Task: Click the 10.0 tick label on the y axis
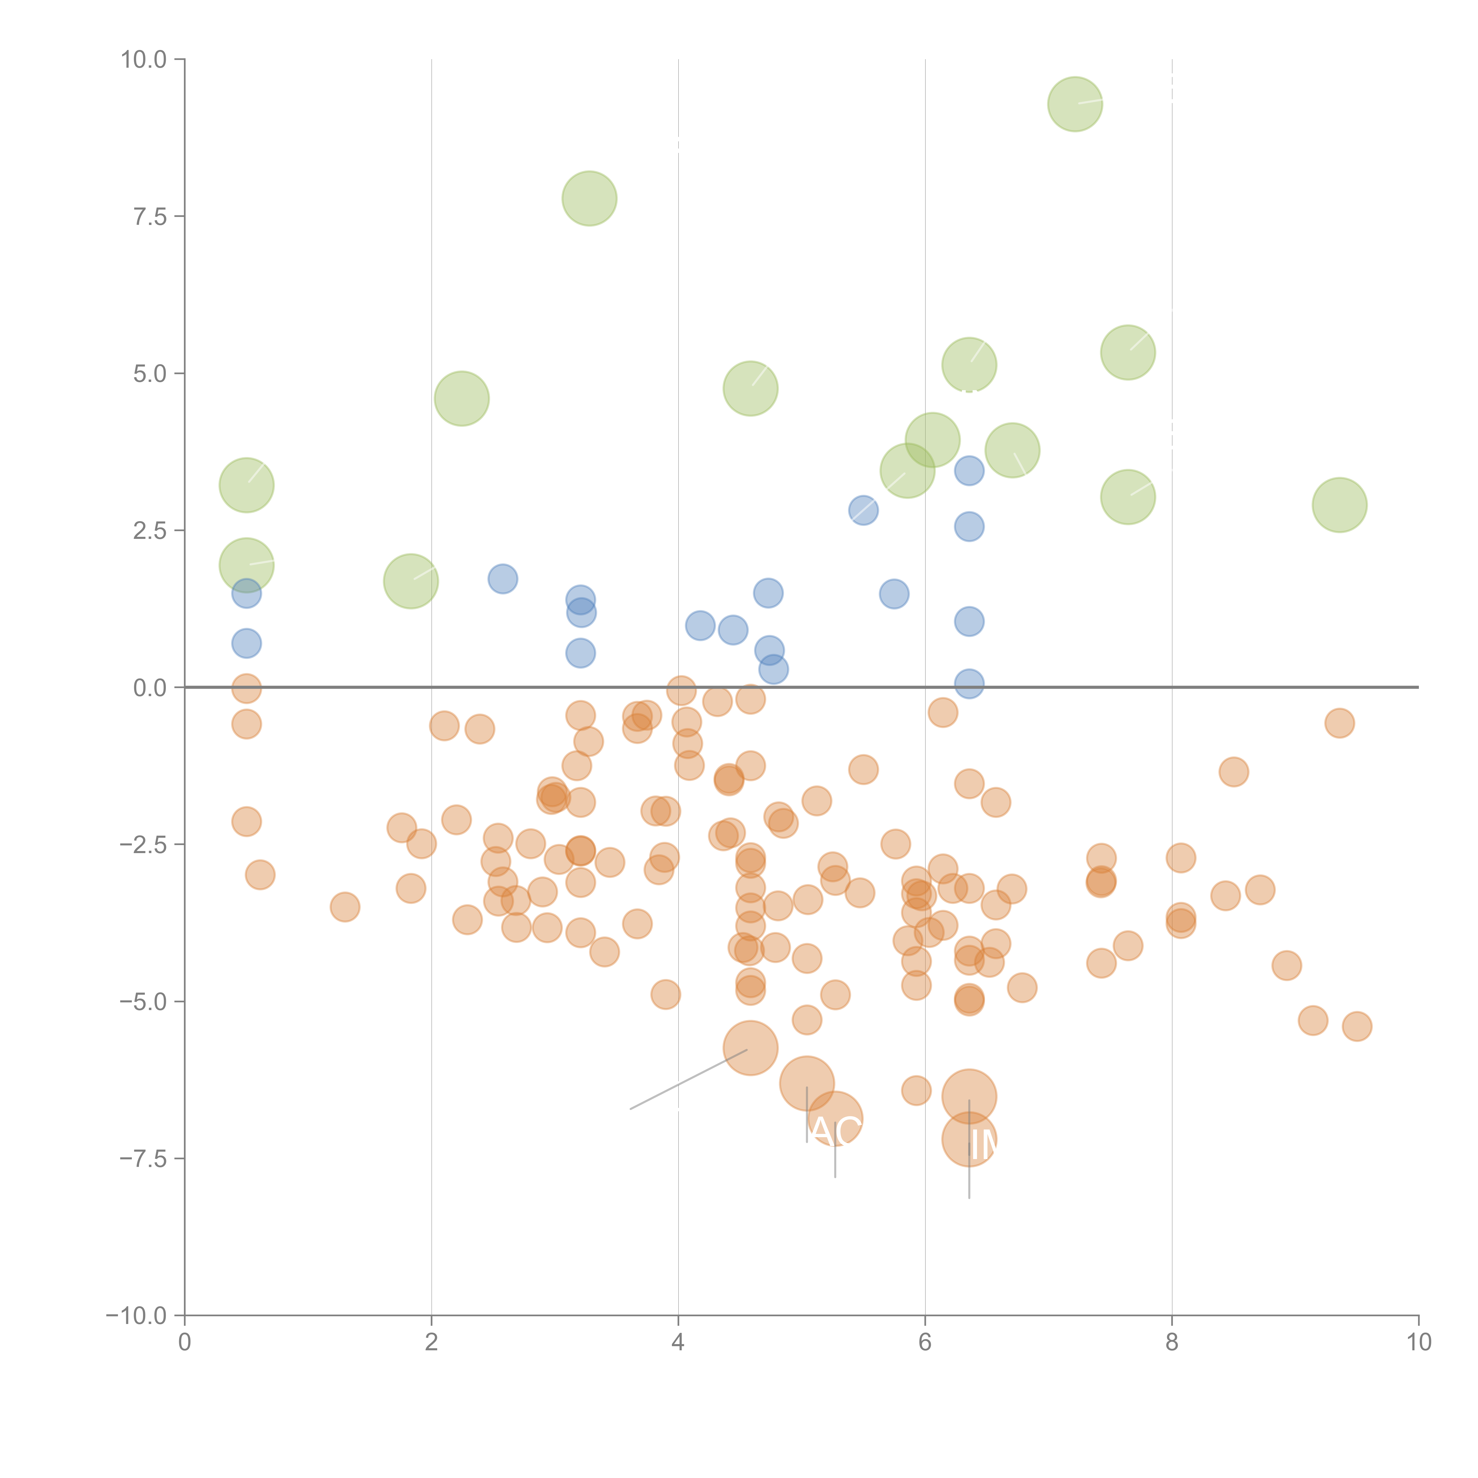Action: pos(143,60)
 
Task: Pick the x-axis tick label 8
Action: pos(1172,1343)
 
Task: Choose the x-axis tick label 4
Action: pos(678,1343)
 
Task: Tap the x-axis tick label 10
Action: pos(1418,1343)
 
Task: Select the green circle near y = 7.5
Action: pos(589,198)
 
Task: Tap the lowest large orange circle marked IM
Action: pos(968,1139)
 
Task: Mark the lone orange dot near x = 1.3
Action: pos(345,907)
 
